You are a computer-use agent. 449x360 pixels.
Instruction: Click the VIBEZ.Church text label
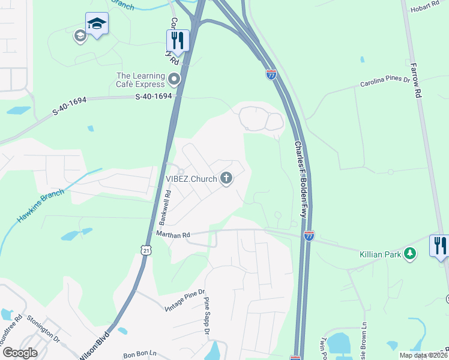(191, 179)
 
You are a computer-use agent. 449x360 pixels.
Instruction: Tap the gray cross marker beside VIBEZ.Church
(226, 178)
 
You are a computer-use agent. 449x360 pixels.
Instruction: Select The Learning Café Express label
(140, 80)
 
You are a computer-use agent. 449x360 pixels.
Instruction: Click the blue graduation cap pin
(97, 25)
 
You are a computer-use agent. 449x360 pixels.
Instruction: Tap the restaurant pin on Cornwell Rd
(178, 41)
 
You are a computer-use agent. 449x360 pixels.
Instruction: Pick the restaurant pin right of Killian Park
(440, 246)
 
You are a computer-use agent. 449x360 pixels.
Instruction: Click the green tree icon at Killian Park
(410, 254)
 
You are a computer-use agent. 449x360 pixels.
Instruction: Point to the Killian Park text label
(380, 254)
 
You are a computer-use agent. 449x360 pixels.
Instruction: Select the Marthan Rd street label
(173, 234)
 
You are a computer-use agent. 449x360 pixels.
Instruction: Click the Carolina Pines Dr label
(384, 81)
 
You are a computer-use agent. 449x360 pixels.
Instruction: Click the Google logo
(20, 353)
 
